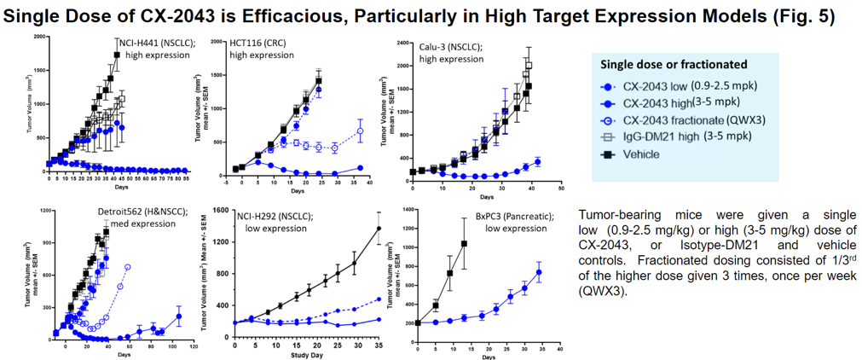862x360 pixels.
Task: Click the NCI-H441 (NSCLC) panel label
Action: [153, 43]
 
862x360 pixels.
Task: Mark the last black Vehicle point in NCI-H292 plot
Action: [379, 228]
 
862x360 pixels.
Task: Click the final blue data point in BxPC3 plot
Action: [539, 272]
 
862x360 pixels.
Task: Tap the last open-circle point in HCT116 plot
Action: [360, 131]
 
